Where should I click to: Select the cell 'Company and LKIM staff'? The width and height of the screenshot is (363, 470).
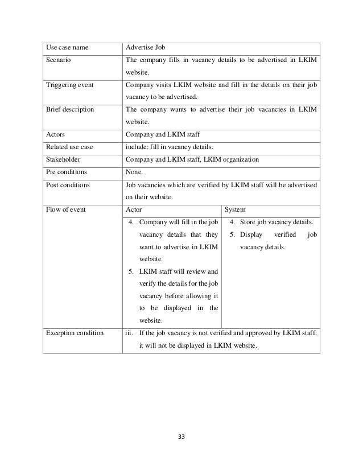tap(162, 135)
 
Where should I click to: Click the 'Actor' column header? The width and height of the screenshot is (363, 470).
tap(134, 209)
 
